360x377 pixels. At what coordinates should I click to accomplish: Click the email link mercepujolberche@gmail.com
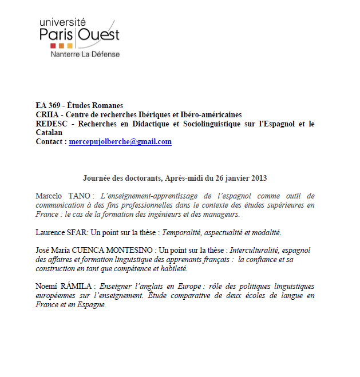120,142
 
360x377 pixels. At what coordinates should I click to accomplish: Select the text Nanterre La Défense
85,54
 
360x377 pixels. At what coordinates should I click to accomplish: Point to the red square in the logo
53,45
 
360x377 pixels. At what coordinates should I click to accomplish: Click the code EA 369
48,105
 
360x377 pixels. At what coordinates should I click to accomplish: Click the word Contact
50,142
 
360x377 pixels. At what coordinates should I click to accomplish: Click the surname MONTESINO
131,251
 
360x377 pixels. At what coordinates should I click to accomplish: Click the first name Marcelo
50,196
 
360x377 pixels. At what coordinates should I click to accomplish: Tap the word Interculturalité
256,251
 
